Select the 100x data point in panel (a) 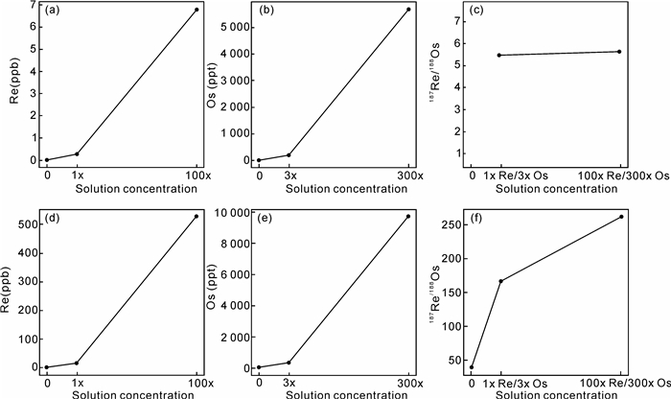[x=197, y=10]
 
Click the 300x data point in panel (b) [x=408, y=10]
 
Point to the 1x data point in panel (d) [x=77, y=363]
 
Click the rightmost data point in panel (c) [x=619, y=52]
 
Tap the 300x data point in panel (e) [x=408, y=217]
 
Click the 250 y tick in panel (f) [x=452, y=224]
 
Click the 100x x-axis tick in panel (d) [x=197, y=384]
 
